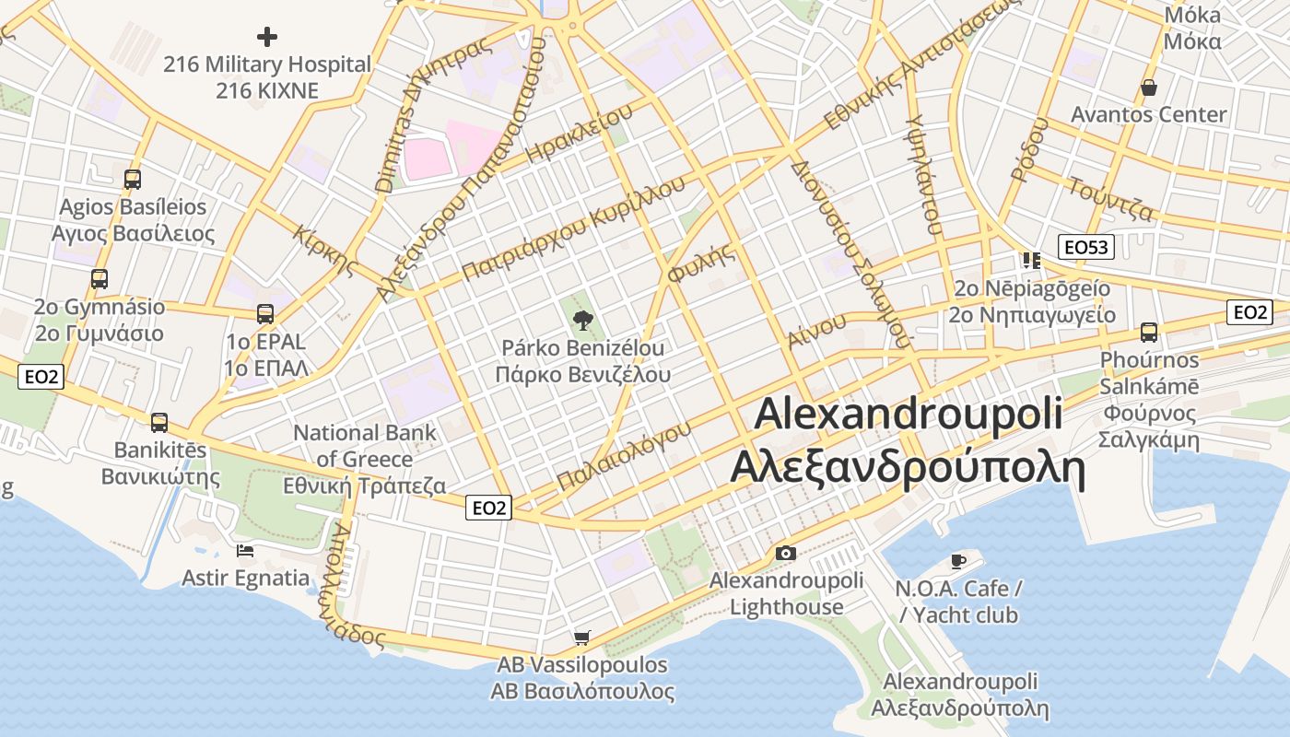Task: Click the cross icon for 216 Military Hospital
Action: tap(267, 37)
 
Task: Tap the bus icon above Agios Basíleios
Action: tap(133, 179)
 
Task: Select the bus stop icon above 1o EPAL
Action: tap(265, 313)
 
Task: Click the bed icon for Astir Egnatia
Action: tap(245, 550)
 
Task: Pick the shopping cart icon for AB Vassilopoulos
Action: tap(581, 638)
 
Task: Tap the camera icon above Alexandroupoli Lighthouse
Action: tap(785, 553)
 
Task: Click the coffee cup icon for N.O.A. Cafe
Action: tap(958, 560)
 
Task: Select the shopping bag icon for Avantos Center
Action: tap(1149, 88)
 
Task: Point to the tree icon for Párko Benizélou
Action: tap(582, 321)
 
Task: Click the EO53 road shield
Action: tap(1088, 247)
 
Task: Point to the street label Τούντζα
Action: tap(1110, 199)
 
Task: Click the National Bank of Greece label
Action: tap(365, 458)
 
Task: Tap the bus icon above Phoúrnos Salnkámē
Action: tap(1149, 332)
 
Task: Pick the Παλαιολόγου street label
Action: tap(624, 455)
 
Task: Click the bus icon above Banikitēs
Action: tap(159, 423)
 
